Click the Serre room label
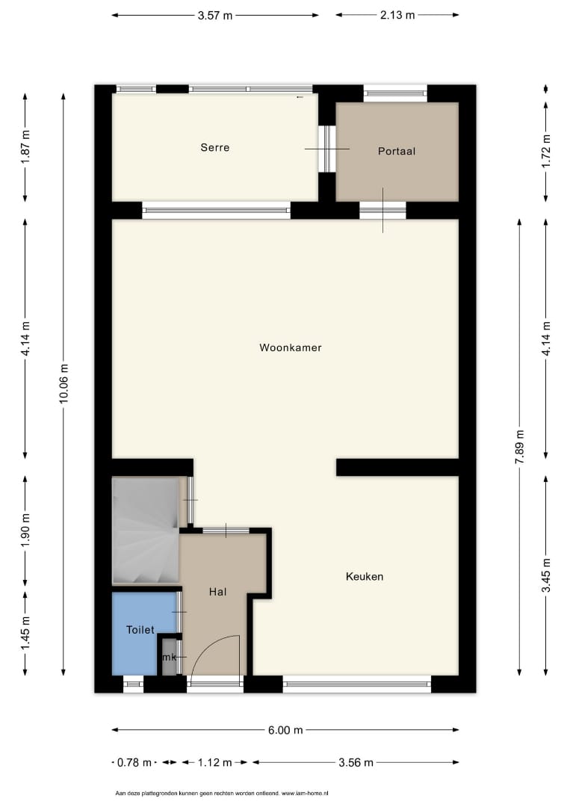point(215,148)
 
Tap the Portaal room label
point(396,151)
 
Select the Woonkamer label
point(290,347)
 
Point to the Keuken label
point(365,576)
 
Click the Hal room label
point(217,592)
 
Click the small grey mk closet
point(170,657)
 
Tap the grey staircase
point(146,531)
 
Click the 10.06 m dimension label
point(63,384)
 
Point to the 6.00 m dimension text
point(285,730)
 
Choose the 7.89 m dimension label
point(520,447)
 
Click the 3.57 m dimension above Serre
point(215,16)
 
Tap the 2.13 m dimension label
point(397,15)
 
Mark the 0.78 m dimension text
point(134,762)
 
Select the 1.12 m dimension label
point(215,762)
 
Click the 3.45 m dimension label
point(546,575)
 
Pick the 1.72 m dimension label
point(546,151)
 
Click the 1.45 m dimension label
point(25,633)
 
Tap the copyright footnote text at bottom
point(222,794)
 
